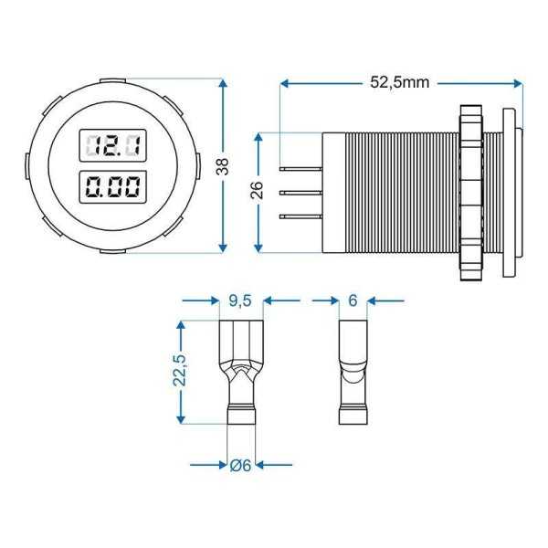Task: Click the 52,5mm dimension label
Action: tap(400, 82)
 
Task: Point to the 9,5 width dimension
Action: tap(240, 300)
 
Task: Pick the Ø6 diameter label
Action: tap(241, 465)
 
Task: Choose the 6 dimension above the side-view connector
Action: tap(353, 300)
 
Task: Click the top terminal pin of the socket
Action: tap(304, 170)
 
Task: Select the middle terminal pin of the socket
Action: tap(304, 193)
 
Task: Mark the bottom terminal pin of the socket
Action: tap(304, 216)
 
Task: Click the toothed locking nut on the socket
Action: tap(471, 192)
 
